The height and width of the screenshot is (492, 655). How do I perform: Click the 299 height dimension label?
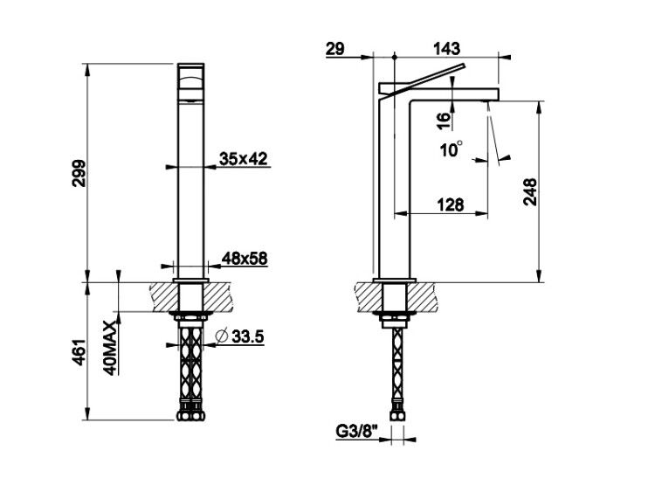tap(79, 173)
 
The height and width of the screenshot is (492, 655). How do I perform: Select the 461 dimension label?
tap(79, 352)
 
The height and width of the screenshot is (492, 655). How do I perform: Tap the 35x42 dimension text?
tap(244, 159)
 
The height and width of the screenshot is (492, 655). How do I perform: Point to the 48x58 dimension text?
tap(244, 259)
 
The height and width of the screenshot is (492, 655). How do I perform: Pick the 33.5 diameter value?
tap(248, 336)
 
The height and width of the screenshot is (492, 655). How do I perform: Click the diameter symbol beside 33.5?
tap(221, 336)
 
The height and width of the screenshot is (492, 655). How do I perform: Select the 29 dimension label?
tap(335, 49)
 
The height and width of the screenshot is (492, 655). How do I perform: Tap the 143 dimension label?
tap(446, 49)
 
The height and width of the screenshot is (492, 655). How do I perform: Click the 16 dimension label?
tap(445, 120)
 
